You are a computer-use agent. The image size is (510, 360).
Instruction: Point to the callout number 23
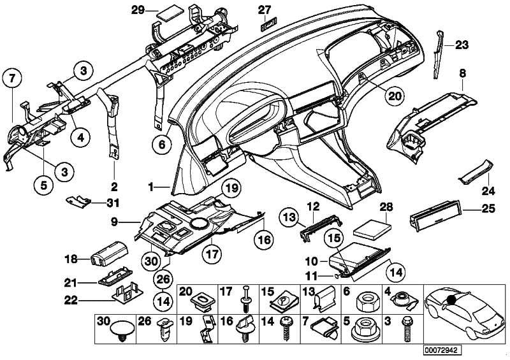click(462, 45)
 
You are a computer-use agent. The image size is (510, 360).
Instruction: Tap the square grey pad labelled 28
click(374, 228)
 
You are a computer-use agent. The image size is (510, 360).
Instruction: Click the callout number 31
click(113, 203)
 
